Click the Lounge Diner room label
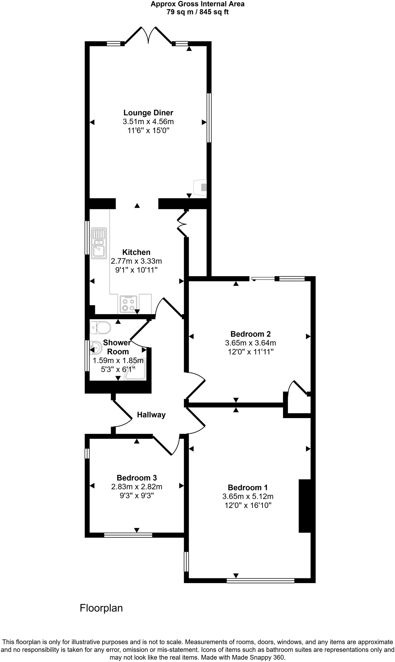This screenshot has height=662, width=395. tap(148, 113)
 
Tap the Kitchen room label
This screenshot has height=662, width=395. tap(136, 252)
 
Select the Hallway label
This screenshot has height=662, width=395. tap(151, 415)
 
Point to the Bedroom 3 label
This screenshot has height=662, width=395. tap(137, 478)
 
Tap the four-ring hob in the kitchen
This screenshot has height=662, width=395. tap(128, 304)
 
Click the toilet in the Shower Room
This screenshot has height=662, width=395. tap(100, 328)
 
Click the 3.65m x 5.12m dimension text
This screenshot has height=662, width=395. tap(248, 496)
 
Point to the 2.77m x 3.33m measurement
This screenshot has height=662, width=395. tap(136, 261)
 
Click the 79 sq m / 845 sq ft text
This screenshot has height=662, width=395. tap(198, 12)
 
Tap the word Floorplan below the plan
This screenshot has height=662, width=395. tap(101, 608)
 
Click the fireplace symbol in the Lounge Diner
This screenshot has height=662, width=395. tap(201, 187)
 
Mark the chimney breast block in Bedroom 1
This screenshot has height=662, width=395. tap(305, 506)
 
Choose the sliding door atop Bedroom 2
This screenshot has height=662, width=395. tap(263, 279)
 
